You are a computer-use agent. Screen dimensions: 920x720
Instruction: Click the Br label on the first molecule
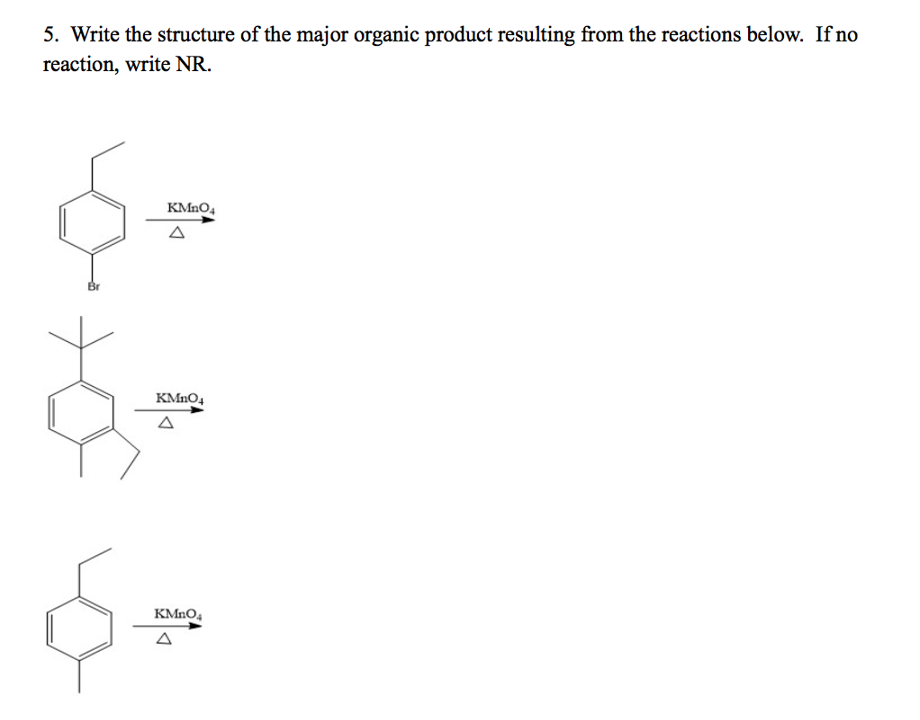[92, 286]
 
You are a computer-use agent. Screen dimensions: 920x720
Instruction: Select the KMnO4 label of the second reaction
[180, 397]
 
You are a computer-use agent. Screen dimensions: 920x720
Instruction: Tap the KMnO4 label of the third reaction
[178, 613]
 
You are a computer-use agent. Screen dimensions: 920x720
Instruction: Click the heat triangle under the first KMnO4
[177, 234]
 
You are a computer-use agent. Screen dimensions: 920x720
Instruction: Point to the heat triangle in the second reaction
[166, 423]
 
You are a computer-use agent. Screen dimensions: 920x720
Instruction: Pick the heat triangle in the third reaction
[163, 640]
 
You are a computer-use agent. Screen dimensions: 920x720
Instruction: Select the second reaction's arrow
[169, 409]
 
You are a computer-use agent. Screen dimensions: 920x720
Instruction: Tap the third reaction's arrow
[167, 625]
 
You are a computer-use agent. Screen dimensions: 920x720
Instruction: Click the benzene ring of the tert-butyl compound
[82, 413]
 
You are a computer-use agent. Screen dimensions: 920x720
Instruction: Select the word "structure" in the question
[197, 36]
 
